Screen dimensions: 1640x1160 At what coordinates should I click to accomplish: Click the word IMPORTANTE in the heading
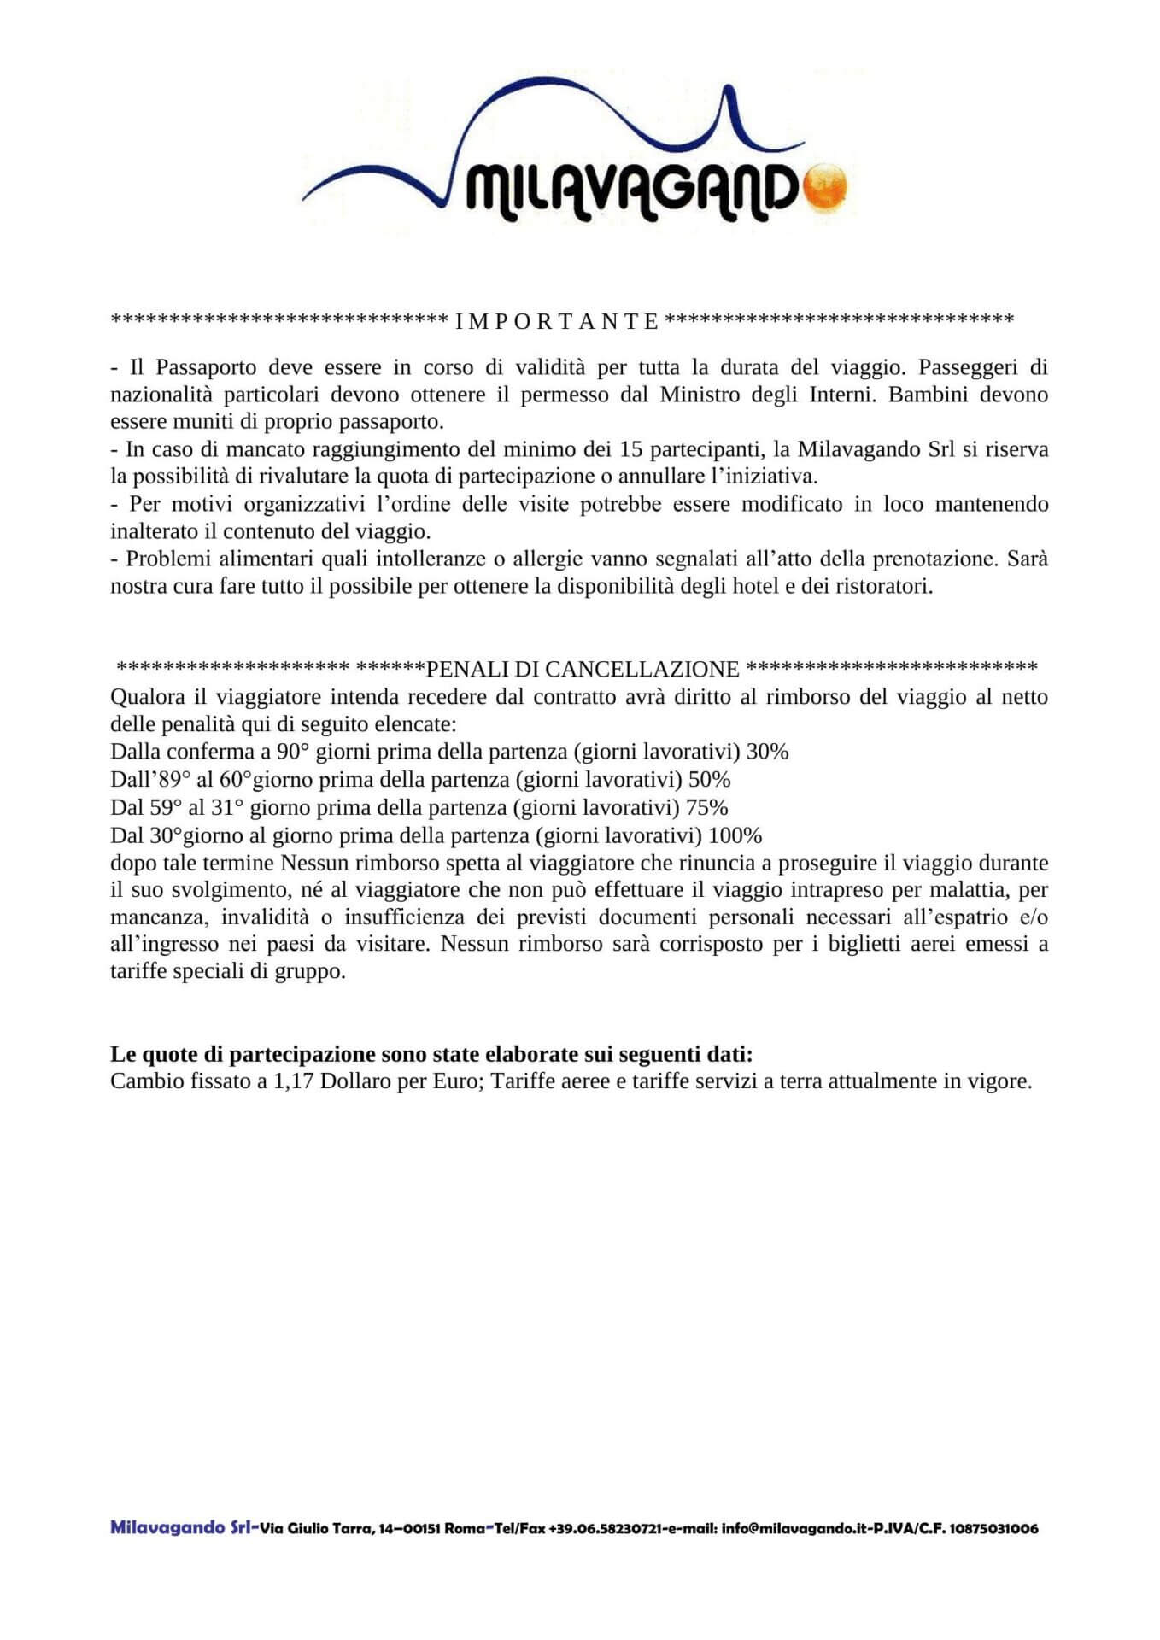(x=558, y=321)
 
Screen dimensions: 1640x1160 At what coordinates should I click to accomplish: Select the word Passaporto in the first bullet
(x=200, y=367)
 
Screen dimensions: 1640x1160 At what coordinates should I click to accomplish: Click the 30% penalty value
(x=767, y=752)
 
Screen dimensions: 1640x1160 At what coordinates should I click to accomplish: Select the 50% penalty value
(x=709, y=779)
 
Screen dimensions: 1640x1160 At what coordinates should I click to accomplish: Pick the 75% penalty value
(x=706, y=807)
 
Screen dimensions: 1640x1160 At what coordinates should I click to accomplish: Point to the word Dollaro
(x=356, y=1081)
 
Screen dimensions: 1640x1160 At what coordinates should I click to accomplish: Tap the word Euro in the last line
(x=462, y=1081)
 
